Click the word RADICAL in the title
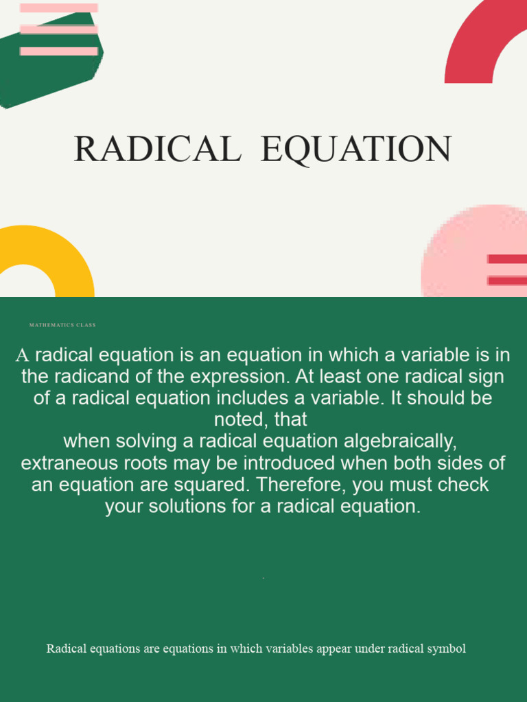tap(157, 149)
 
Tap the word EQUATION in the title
tap(356, 149)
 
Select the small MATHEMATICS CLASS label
tap(62, 325)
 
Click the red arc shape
tap(480, 41)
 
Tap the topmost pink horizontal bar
tap(59, 8)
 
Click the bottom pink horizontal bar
tap(59, 51)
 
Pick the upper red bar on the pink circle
tap(507, 259)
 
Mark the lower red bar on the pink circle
tap(507, 280)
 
